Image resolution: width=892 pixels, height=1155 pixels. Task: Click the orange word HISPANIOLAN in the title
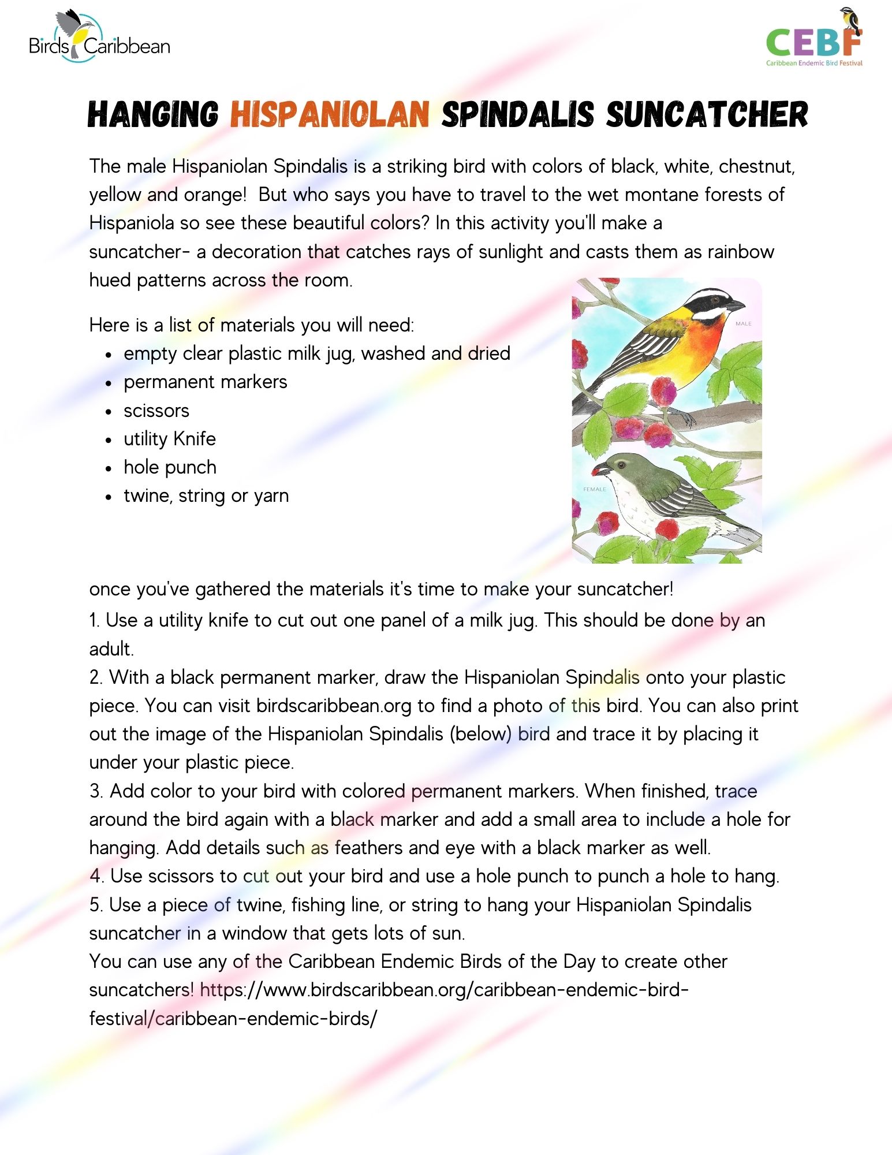330,114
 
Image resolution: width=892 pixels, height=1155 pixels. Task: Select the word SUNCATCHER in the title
707,114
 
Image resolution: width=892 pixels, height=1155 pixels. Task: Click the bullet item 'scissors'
156,411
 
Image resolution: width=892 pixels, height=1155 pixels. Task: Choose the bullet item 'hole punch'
170,467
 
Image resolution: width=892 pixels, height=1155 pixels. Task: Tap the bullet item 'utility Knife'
169,439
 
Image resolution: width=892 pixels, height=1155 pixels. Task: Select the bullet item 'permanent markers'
205,382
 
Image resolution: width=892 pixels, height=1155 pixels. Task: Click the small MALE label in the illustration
744,323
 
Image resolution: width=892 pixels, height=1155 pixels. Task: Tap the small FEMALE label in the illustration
595,489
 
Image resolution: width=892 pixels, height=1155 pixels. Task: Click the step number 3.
95,791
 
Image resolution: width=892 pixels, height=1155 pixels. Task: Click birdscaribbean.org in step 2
334,706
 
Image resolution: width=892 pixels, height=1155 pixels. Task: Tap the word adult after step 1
111,649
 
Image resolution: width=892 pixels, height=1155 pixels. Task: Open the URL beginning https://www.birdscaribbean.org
444,990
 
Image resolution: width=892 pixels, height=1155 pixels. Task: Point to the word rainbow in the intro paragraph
741,252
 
